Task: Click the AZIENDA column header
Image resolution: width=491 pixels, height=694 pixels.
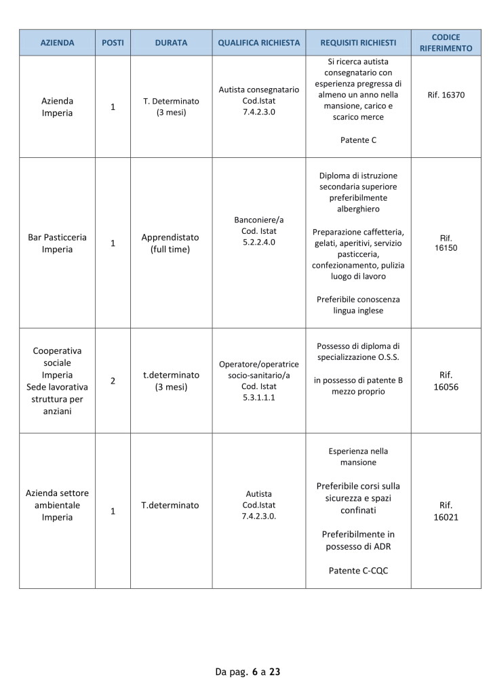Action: click(58, 43)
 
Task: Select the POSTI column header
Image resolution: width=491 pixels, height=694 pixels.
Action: click(113, 43)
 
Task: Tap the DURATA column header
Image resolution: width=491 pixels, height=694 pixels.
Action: click(171, 43)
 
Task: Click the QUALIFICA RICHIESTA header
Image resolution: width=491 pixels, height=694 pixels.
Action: click(258, 43)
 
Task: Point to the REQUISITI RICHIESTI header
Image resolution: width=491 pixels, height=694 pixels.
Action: click(358, 43)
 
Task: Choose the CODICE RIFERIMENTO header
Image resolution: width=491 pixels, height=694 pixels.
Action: click(446, 43)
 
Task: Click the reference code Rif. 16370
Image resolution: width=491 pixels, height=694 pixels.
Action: click(446, 95)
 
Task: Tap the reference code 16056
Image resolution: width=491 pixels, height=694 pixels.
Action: click(446, 386)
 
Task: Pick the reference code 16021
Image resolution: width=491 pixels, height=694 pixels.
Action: click(446, 517)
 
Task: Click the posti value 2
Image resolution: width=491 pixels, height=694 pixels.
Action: click(113, 381)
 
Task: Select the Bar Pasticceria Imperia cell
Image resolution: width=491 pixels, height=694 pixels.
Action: click(58, 243)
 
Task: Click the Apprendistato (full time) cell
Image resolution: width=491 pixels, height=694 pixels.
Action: click(171, 243)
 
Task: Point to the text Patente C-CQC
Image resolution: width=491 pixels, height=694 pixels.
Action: click(358, 570)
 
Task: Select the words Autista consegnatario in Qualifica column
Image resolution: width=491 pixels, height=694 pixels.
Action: click(258, 89)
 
